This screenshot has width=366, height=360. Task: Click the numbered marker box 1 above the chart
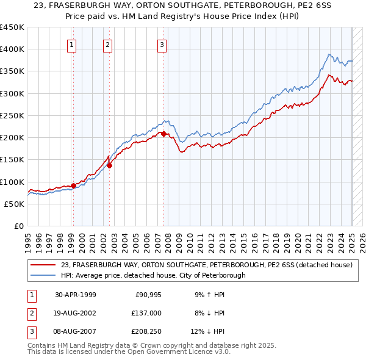73,43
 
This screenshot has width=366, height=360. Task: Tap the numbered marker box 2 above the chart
107,43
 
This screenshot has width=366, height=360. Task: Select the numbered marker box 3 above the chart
162,43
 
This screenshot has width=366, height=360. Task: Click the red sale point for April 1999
74,185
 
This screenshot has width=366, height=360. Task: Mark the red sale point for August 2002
110,165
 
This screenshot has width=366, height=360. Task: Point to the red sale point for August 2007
164,134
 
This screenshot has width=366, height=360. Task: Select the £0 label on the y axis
18,226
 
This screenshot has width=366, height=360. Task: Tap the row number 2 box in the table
30,312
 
